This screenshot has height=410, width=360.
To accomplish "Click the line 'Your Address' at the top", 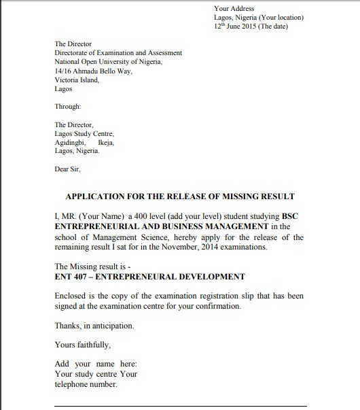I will point(234,9).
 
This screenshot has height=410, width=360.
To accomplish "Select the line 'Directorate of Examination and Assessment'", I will point(118,52).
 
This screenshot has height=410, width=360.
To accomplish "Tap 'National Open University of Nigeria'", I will point(108,61).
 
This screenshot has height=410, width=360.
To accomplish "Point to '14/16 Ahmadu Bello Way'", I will point(93,71).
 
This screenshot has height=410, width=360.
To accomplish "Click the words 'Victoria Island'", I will point(76,80).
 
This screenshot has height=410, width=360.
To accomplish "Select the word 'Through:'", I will point(68,106).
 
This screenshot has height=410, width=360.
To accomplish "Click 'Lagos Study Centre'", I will point(84,133).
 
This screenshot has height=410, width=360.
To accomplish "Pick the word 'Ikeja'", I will point(106,142).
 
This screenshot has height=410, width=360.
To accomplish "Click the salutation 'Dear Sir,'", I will point(67,169).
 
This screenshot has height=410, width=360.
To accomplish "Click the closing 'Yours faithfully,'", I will point(83,344).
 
